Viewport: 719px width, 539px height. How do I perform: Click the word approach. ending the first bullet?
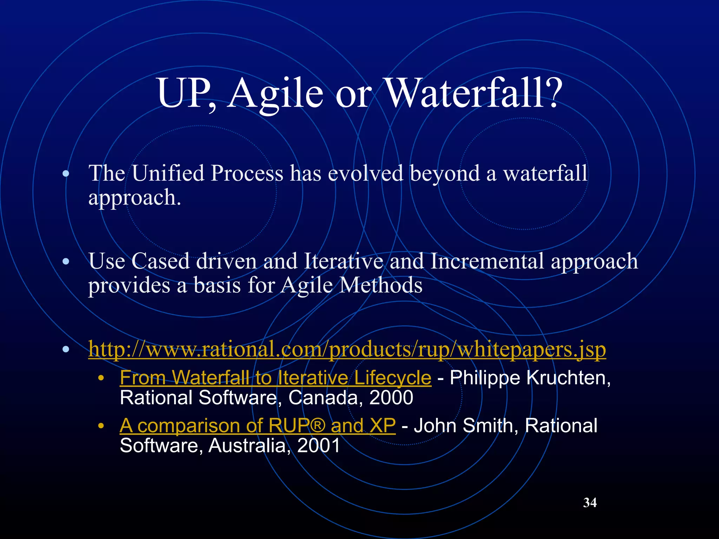[x=134, y=198]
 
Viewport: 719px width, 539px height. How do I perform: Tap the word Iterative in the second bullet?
[x=343, y=261]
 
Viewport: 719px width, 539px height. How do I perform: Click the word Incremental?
[x=487, y=261]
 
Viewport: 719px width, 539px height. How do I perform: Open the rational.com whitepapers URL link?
[x=347, y=349]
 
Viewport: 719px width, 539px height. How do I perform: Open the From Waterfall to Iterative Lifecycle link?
[x=275, y=378]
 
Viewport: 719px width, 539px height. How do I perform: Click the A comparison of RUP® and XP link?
[x=257, y=425]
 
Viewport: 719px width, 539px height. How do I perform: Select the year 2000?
[x=391, y=398]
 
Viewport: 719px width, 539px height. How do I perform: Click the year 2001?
[x=318, y=446]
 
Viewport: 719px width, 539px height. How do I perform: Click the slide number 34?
[x=590, y=503]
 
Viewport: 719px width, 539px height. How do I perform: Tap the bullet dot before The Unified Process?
[x=65, y=173]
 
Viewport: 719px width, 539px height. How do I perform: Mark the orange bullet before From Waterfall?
[x=101, y=378]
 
